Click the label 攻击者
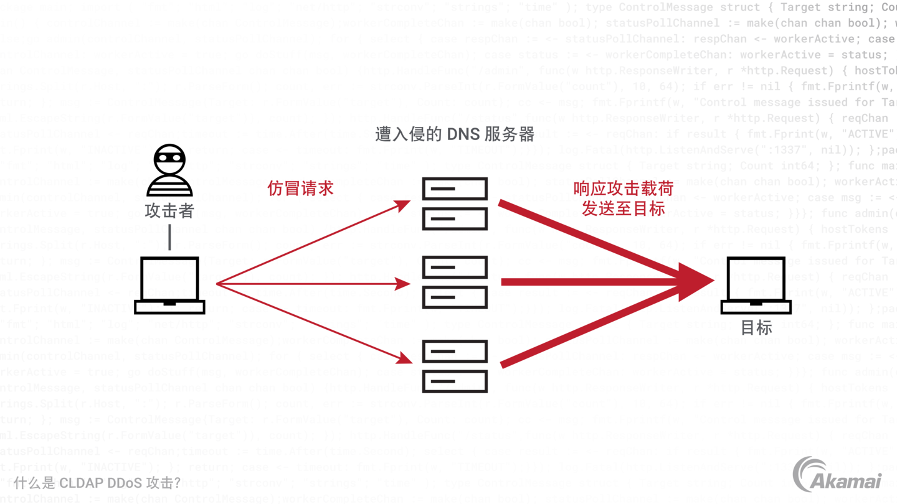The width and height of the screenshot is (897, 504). (x=169, y=211)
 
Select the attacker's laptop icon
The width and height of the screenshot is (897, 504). (x=169, y=285)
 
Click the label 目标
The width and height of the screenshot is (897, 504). (x=756, y=327)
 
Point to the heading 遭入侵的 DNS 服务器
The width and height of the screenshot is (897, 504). (x=455, y=134)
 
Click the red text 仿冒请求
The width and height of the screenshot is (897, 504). (x=301, y=189)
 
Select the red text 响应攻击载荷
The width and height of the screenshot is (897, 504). (x=624, y=189)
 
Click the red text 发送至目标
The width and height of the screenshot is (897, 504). (x=624, y=208)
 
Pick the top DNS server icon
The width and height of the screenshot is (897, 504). (x=455, y=203)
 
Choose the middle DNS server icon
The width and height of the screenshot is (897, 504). (x=455, y=282)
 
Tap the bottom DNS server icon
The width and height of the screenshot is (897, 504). (x=455, y=366)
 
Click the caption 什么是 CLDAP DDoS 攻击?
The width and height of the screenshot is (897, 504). (x=98, y=482)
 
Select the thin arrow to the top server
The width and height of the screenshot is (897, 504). (x=311, y=243)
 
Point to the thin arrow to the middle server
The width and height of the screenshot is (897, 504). (x=311, y=284)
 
